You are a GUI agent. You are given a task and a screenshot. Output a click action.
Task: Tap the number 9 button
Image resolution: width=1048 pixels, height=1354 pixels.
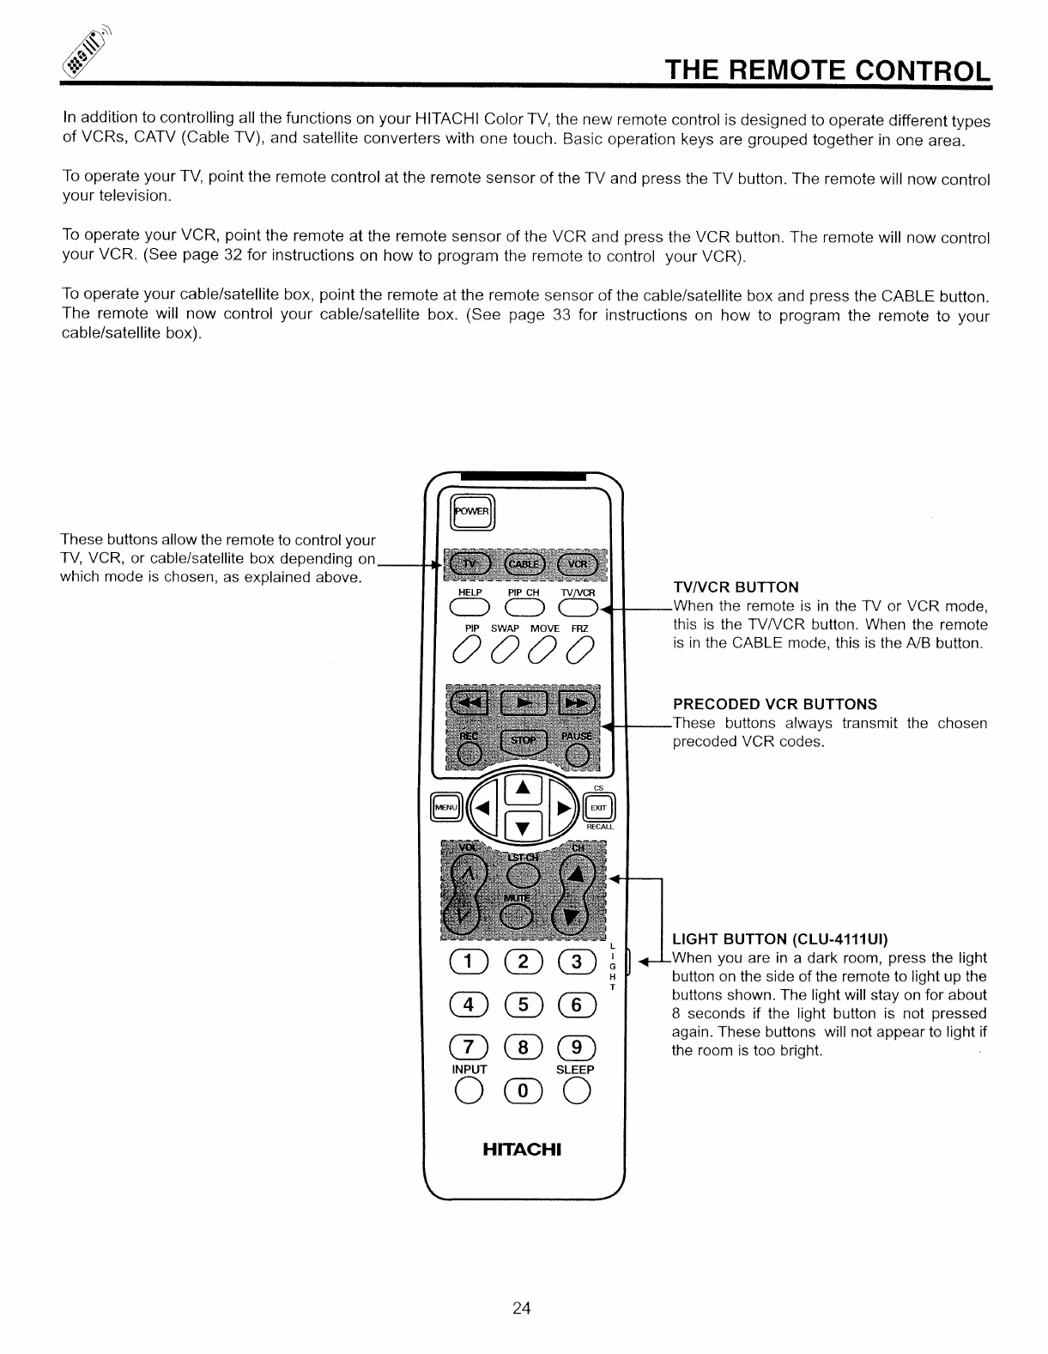click(x=576, y=1047)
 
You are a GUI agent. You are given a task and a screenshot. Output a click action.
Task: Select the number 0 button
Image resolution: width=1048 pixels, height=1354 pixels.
click(x=522, y=1095)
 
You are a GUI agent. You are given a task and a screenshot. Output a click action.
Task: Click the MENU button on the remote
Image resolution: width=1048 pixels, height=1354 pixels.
click(x=446, y=808)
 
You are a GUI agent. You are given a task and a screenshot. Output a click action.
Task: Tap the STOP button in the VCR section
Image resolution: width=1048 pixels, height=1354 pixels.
click(x=524, y=739)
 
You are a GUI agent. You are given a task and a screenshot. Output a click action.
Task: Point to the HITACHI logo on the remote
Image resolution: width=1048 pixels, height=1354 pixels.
click(x=522, y=1149)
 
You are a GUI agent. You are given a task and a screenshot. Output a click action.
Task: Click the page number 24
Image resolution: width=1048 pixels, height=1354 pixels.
click(x=522, y=1308)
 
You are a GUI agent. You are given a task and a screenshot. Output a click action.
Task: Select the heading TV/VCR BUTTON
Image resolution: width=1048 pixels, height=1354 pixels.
click(x=736, y=587)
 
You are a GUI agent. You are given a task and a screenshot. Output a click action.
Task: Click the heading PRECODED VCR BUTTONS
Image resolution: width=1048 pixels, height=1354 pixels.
click(x=774, y=704)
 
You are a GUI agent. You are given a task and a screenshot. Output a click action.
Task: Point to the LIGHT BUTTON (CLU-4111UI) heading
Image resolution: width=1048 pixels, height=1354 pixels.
click(x=779, y=938)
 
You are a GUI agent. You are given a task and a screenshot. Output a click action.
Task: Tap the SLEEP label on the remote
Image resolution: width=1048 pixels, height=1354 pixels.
click(x=575, y=1070)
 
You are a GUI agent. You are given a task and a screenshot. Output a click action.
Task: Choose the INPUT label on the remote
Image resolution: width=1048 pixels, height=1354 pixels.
click(x=469, y=1070)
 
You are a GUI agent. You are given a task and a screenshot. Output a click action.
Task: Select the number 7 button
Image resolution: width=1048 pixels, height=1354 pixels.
click(x=468, y=1047)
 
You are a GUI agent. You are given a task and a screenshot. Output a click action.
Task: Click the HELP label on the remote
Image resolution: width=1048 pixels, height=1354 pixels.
click(x=470, y=592)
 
